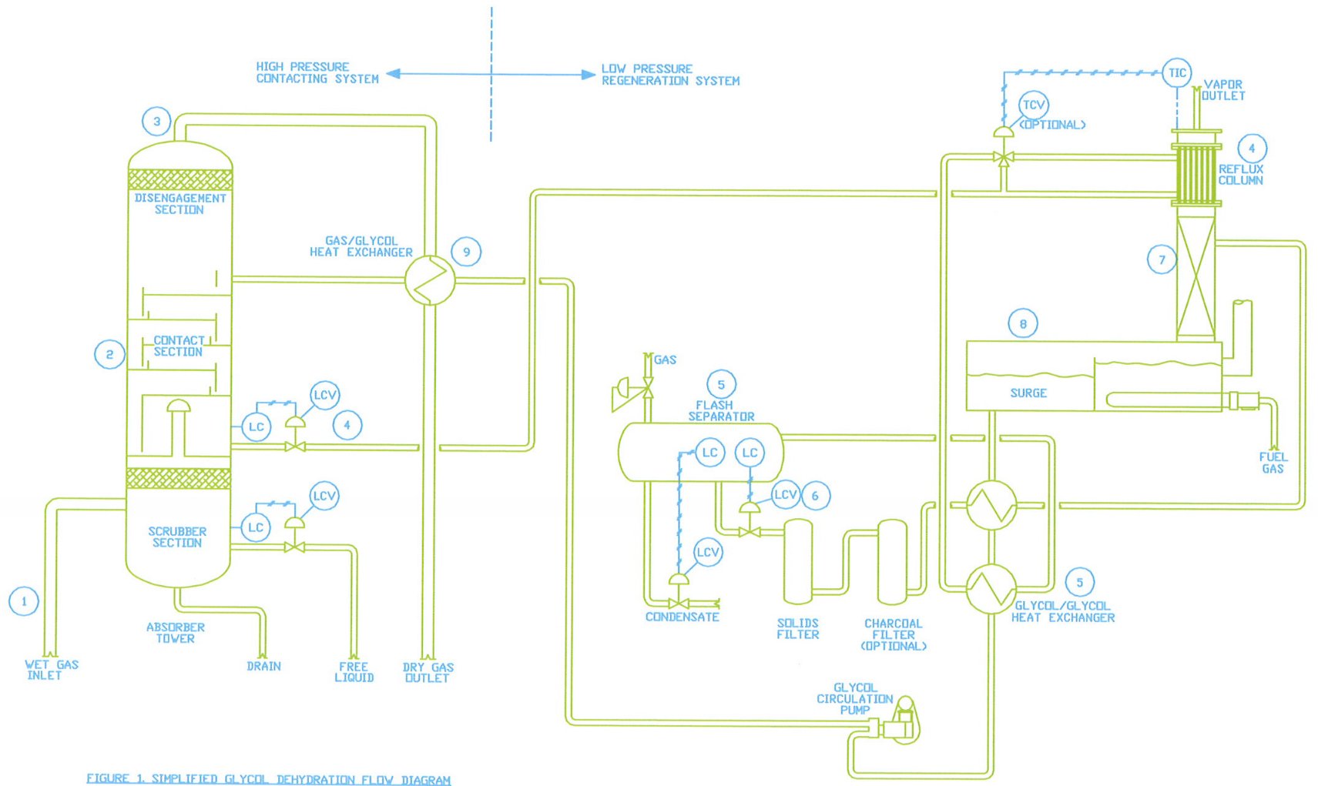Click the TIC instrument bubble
(1176, 73)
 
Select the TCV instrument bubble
(1033, 105)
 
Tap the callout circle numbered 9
(466, 252)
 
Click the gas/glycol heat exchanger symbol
(430, 280)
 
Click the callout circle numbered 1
(24, 601)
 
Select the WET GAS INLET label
(51, 670)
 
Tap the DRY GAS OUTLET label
(428, 672)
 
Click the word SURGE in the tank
(1028, 393)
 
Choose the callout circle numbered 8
(1022, 324)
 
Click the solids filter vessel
(798, 561)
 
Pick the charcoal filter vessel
(892, 562)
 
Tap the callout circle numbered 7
(1162, 259)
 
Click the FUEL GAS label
(1273, 463)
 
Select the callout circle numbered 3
(156, 121)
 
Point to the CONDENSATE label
(682, 617)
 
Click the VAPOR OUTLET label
(1223, 90)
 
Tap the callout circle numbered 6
(815, 496)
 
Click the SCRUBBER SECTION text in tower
(177, 537)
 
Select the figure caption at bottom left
(268, 778)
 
